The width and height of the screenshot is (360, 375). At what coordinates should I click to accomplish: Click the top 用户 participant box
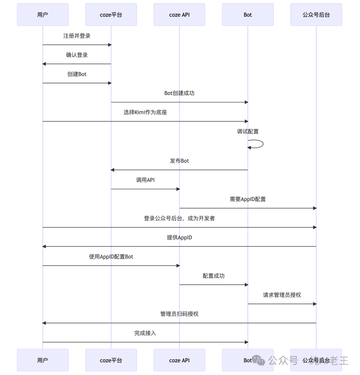pyautogui.click(x=43, y=15)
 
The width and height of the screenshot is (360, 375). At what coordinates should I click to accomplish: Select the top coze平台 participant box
pyautogui.click(x=111, y=15)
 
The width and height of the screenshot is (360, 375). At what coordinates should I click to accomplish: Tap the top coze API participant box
pyautogui.click(x=179, y=15)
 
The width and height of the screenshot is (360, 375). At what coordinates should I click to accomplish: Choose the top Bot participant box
pyautogui.click(x=248, y=15)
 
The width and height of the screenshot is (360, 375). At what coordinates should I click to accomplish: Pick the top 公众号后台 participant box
pyautogui.click(x=316, y=15)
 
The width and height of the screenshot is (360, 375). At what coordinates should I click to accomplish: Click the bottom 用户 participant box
pyautogui.click(x=43, y=360)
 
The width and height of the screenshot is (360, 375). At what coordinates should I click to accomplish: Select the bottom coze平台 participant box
pyautogui.click(x=111, y=360)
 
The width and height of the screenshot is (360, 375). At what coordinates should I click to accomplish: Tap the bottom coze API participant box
pyautogui.click(x=179, y=360)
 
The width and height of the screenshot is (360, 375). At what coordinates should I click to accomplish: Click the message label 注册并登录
pyautogui.click(x=77, y=36)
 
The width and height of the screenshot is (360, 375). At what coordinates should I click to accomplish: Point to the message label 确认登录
pyautogui.click(x=77, y=55)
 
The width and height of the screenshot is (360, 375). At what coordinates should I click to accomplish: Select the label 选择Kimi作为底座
pyautogui.click(x=145, y=112)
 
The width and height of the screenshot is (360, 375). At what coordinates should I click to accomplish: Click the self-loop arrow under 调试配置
pyautogui.click(x=263, y=144)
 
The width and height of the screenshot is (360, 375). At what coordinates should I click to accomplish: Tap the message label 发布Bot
pyautogui.click(x=179, y=161)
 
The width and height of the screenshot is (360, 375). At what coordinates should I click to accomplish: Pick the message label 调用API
pyautogui.click(x=145, y=180)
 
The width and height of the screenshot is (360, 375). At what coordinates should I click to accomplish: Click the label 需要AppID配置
pyautogui.click(x=248, y=199)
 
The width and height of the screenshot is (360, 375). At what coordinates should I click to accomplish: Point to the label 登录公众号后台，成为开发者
pyautogui.click(x=179, y=218)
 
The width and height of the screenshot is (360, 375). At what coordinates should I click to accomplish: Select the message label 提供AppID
pyautogui.click(x=179, y=237)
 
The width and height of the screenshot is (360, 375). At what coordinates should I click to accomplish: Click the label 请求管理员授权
pyautogui.click(x=282, y=295)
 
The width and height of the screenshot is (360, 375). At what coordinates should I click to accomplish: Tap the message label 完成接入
pyautogui.click(x=145, y=333)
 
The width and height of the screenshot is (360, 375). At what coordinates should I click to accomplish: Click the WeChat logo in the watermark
pyautogui.click(x=258, y=360)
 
